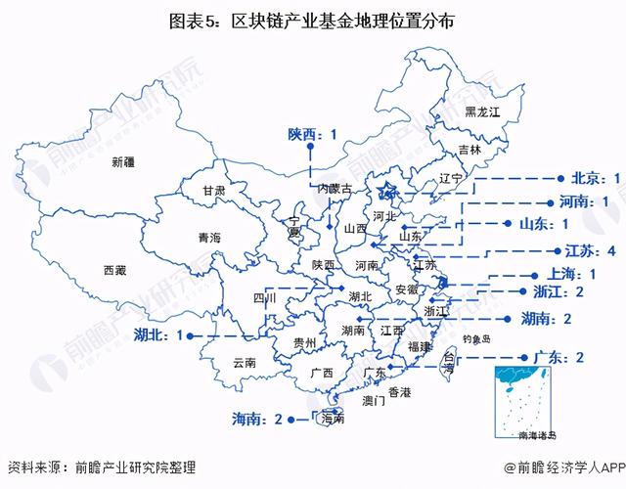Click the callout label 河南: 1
578,201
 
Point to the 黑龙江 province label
481,113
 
